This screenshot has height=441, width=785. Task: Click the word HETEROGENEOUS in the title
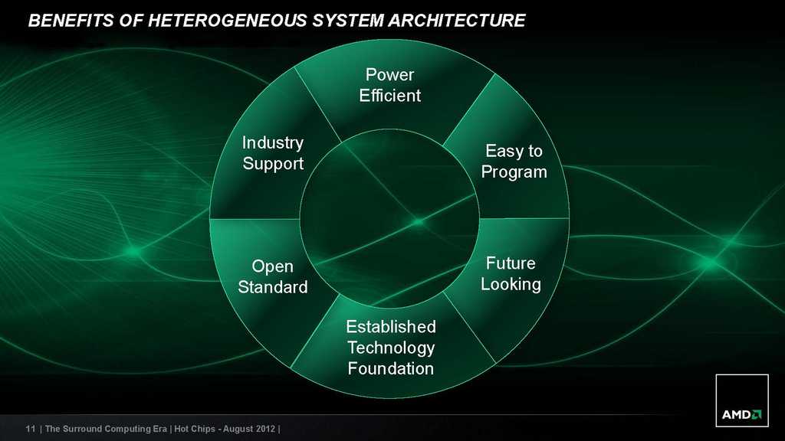(227, 20)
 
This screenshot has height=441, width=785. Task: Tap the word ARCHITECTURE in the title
(457, 20)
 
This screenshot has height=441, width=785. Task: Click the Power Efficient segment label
(390, 85)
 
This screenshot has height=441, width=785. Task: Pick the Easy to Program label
(514, 161)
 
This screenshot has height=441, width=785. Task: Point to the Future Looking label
(511, 273)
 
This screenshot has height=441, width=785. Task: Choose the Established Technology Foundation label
(391, 348)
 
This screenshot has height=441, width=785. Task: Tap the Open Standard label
(273, 276)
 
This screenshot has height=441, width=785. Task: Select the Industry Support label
(273, 153)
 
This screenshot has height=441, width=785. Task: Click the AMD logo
(742, 400)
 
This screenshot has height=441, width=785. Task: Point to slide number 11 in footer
(31, 429)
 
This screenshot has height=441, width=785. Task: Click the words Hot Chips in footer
(195, 429)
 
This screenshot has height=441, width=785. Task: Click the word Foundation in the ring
(391, 368)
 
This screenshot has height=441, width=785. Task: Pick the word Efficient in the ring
(390, 96)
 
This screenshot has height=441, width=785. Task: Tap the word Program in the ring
(514, 172)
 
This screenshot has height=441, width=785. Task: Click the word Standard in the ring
(273, 287)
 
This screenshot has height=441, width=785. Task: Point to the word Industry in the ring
(273, 143)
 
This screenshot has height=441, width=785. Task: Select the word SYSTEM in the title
(347, 20)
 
